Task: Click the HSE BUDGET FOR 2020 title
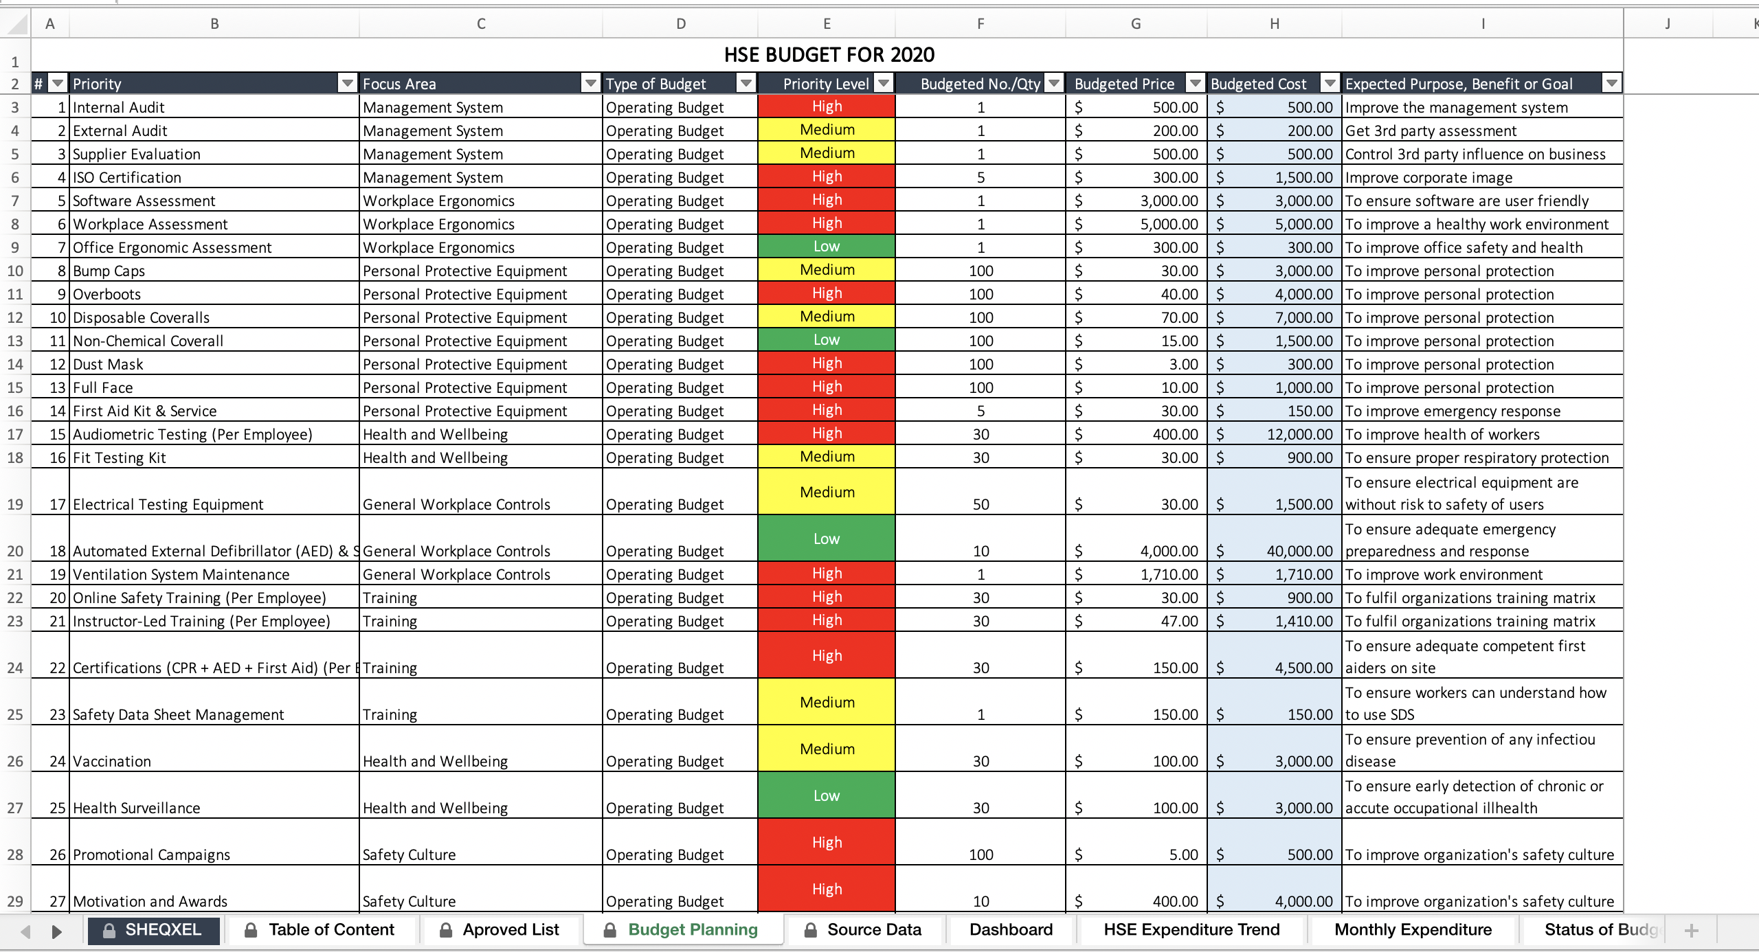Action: [829, 55]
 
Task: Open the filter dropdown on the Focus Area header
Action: [590, 84]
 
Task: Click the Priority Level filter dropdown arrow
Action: [884, 84]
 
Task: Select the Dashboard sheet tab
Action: [1011, 930]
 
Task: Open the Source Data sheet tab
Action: [873, 930]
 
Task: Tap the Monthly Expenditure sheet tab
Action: [1413, 930]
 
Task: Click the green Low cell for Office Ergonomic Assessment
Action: [827, 247]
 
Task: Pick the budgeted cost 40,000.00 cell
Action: [1275, 551]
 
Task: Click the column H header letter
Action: [1275, 24]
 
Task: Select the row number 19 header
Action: [15, 504]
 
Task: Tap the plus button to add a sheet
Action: [1692, 931]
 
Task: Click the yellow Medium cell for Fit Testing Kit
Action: [827, 457]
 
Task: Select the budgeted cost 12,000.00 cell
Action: [1275, 434]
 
